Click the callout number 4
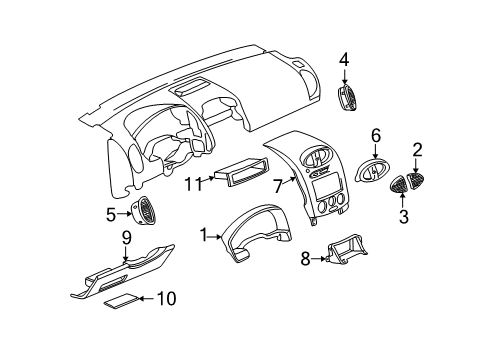point(343,59)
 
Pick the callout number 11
point(191,183)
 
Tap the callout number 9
point(127,237)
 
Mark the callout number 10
point(166,298)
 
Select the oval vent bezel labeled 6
point(372,173)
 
